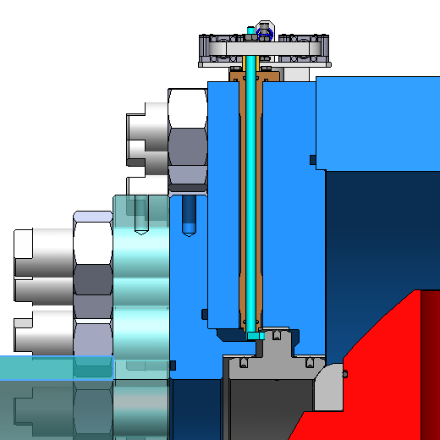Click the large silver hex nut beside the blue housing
188,135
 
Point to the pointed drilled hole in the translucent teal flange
139,216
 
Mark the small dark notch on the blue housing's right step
313,159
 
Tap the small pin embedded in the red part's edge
344,371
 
